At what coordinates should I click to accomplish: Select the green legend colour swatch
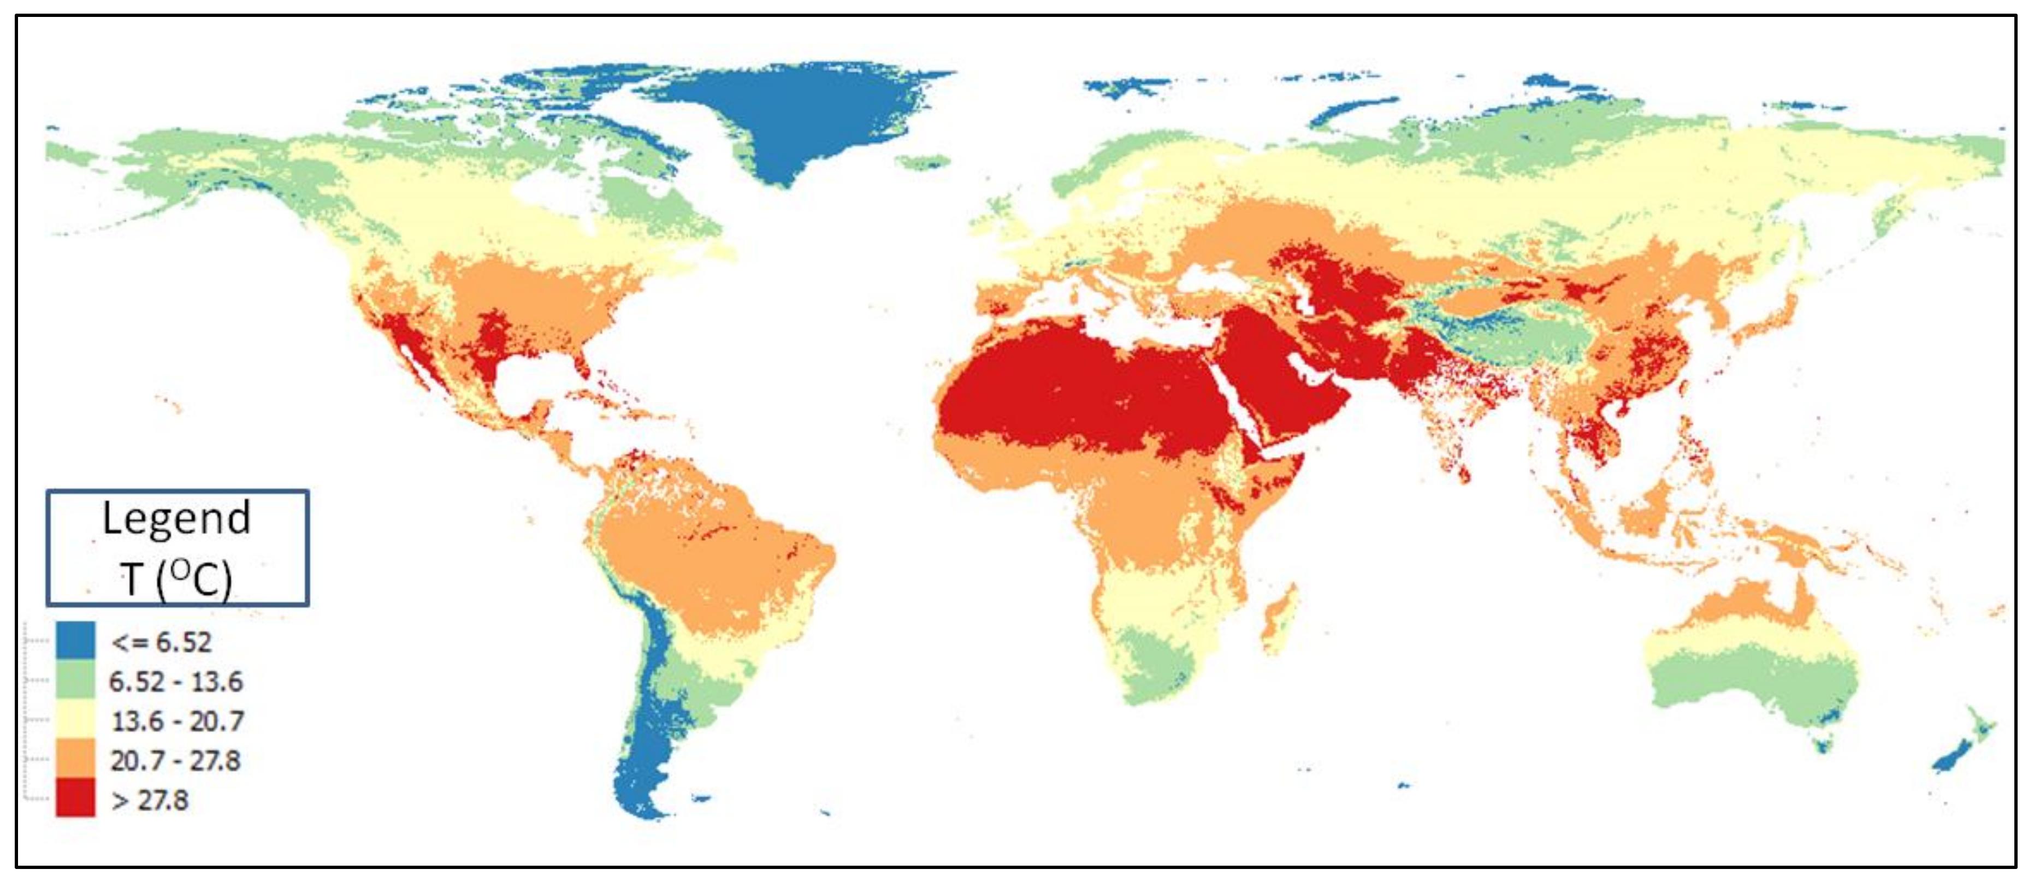point(75,680)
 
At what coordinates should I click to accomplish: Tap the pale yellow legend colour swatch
point(75,719)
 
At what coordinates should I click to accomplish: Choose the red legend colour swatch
point(75,798)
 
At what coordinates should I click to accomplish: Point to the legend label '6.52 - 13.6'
point(175,682)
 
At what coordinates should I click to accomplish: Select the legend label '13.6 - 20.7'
point(177,721)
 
